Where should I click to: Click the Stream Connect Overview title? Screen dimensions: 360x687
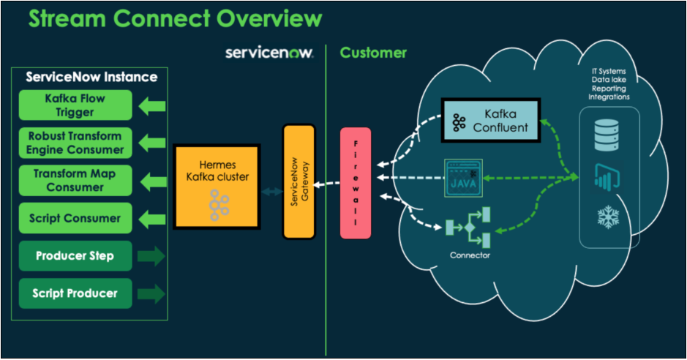click(175, 19)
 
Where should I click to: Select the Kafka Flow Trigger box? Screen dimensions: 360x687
click(75, 105)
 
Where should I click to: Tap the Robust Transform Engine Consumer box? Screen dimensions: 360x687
click(75, 143)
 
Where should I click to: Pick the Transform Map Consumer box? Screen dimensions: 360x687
click(75, 180)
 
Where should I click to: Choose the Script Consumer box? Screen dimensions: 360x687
click(75, 218)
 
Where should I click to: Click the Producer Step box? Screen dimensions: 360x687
click(75, 256)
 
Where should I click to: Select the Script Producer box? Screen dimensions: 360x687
click(75, 293)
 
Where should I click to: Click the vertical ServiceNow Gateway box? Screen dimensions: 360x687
click(299, 181)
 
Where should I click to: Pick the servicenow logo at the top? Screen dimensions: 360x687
click(269, 53)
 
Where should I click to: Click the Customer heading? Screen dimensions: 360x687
click(373, 53)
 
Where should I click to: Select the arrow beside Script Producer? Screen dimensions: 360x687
click(151, 293)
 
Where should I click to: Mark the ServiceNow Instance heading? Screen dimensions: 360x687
click(91, 77)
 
